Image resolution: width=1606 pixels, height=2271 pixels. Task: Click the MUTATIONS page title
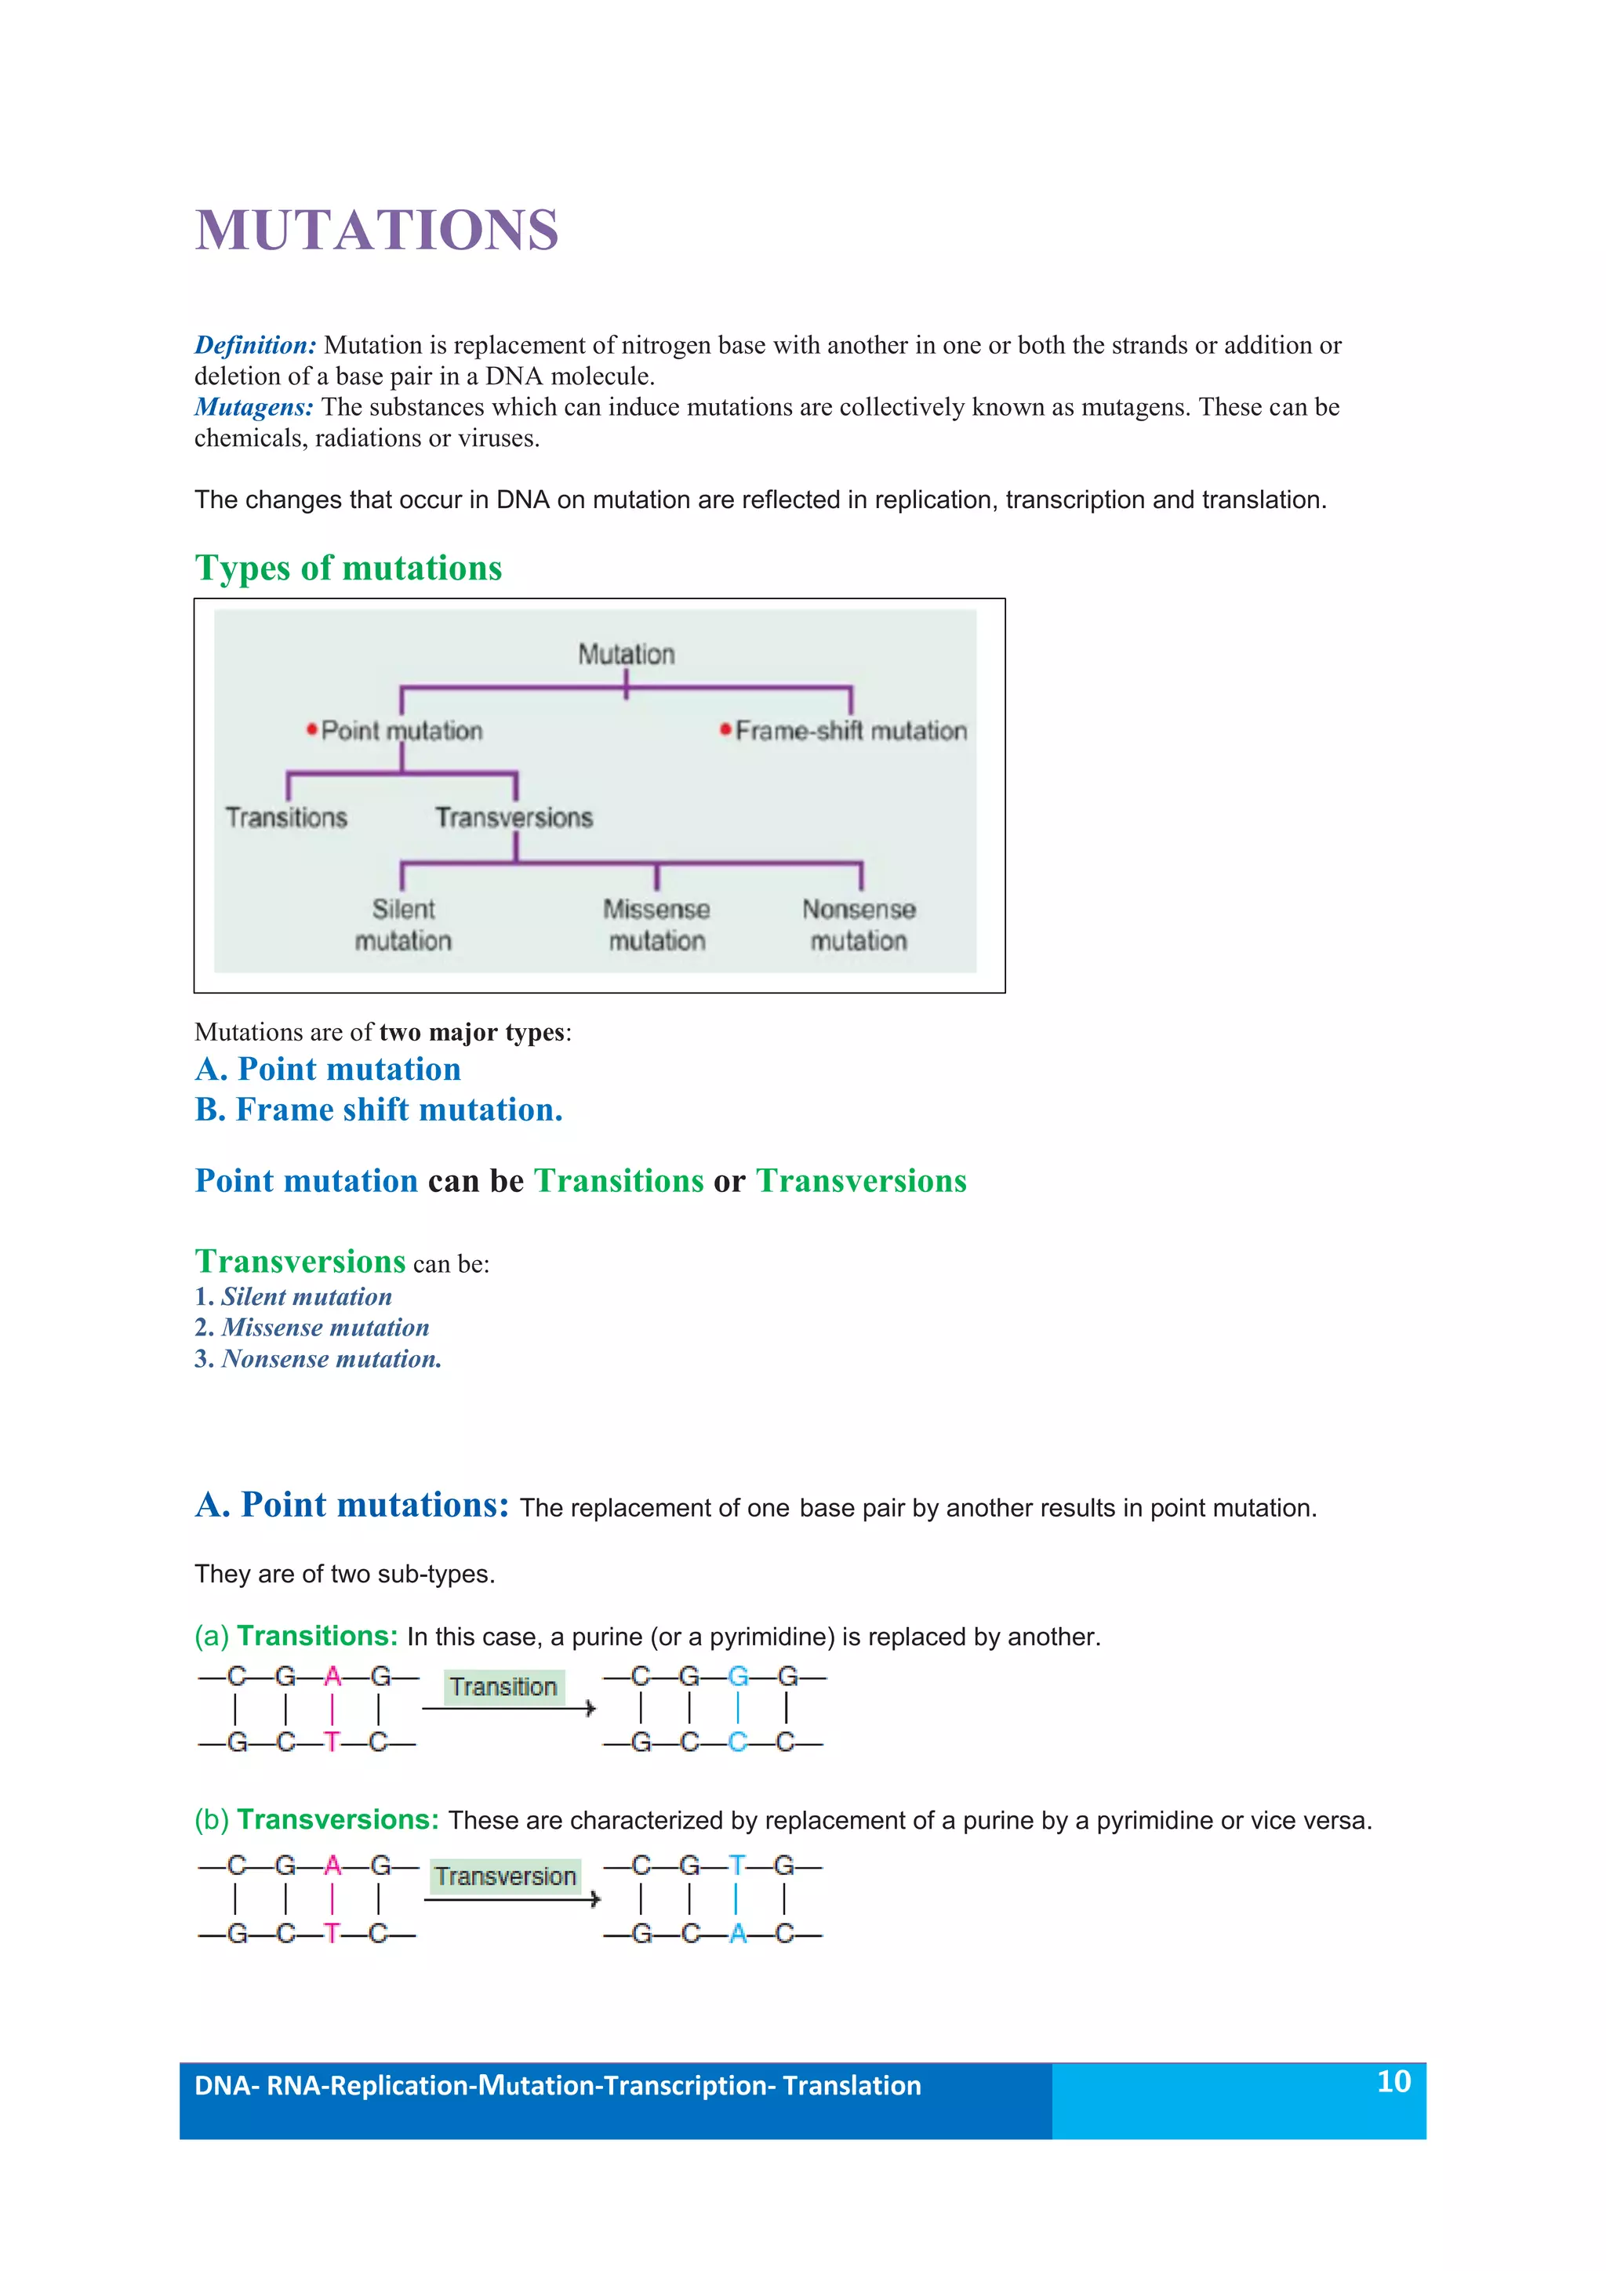pyautogui.click(x=376, y=231)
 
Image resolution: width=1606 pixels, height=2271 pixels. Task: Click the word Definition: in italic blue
pyautogui.click(x=255, y=345)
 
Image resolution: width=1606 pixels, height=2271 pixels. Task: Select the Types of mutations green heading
pyautogui.click(x=348, y=568)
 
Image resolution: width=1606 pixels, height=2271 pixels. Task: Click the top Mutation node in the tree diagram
pyautogui.click(x=626, y=654)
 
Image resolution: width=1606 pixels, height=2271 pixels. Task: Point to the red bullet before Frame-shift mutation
pyautogui.click(x=725, y=730)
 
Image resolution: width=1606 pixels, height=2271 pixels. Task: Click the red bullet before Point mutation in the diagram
pyautogui.click(x=311, y=730)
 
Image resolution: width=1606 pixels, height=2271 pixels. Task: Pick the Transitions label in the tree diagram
pyautogui.click(x=287, y=817)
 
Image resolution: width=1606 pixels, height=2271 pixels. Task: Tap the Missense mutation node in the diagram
pyautogui.click(x=656, y=924)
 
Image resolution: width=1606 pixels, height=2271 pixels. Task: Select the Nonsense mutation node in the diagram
pyautogui.click(x=859, y=924)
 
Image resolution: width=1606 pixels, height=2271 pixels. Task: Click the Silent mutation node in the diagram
pyautogui.click(x=404, y=924)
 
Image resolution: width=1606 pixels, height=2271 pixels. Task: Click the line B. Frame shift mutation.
pyautogui.click(x=379, y=1110)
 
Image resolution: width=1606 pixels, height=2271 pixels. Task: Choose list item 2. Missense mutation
pyautogui.click(x=313, y=1328)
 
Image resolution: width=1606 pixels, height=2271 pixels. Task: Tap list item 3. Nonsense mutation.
pyautogui.click(x=318, y=1359)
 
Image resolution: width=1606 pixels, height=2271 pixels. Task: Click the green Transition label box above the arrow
pyautogui.click(x=503, y=1687)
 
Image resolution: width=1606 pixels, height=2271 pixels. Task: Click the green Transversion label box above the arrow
pyautogui.click(x=505, y=1877)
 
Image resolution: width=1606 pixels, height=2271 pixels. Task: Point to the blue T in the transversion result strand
pyautogui.click(x=737, y=1866)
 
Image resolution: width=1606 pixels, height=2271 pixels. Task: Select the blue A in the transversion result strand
pyautogui.click(x=738, y=1933)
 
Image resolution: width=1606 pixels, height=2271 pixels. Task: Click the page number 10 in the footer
pyautogui.click(x=1393, y=2081)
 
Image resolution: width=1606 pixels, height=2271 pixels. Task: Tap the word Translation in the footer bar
pyautogui.click(x=852, y=2085)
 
